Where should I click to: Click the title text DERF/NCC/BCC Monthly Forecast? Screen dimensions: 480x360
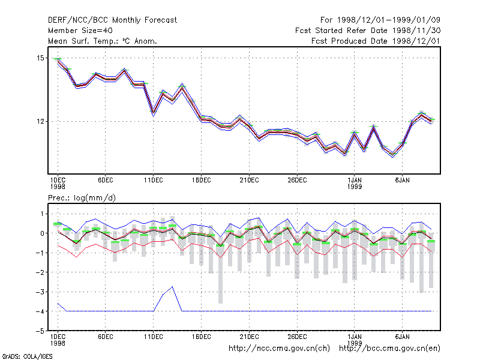pyautogui.click(x=112, y=20)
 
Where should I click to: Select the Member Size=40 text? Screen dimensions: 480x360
pyautogui.click(x=80, y=31)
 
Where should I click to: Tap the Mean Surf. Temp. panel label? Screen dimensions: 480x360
pyautogui.click(x=103, y=41)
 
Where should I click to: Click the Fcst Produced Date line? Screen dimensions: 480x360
pyautogui.click(x=376, y=41)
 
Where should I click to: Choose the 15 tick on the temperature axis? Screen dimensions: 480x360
pyautogui.click(x=40, y=58)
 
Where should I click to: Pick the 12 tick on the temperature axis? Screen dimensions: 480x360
pyautogui.click(x=40, y=122)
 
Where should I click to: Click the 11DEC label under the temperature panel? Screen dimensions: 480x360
pyautogui.click(x=154, y=181)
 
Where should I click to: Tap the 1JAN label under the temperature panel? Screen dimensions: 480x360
pyautogui.click(x=355, y=181)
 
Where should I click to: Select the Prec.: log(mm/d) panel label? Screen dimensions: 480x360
pyautogui.click(x=82, y=198)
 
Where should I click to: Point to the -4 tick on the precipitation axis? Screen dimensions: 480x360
pyautogui.click(x=40, y=311)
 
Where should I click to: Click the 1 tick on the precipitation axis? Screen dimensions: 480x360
pyautogui.click(x=42, y=214)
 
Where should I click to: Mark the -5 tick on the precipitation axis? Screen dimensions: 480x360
pyautogui.click(x=40, y=331)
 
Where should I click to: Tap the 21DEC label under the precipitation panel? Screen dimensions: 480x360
pyautogui.click(x=249, y=337)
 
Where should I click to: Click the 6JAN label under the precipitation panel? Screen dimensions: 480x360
pyautogui.click(x=402, y=337)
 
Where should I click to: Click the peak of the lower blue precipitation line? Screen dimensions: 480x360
pyautogui.click(x=173, y=287)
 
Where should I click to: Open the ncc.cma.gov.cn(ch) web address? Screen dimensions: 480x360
pyautogui.click(x=279, y=349)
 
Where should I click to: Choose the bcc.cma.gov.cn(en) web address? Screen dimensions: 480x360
pyautogui.click(x=389, y=349)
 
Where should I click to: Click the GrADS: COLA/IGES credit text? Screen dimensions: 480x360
pyautogui.click(x=27, y=356)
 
